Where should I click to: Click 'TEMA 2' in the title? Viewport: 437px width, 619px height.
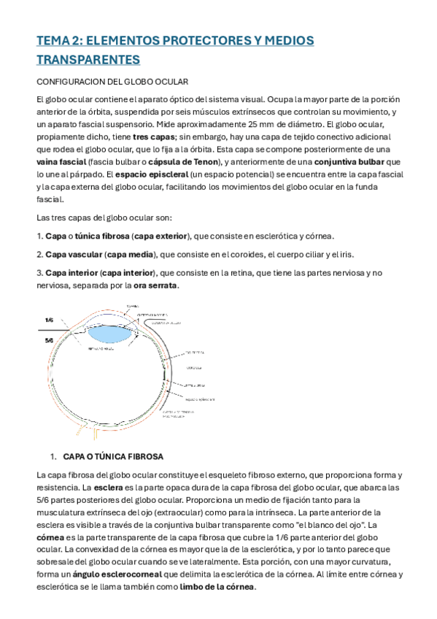58,41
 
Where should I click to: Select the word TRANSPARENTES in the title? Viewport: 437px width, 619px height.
88,59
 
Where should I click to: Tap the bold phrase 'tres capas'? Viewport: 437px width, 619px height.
154,136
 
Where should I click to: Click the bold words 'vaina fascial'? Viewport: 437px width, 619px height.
62,161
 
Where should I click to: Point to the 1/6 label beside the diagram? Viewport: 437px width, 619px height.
50,320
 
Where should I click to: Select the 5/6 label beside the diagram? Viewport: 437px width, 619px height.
50,340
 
